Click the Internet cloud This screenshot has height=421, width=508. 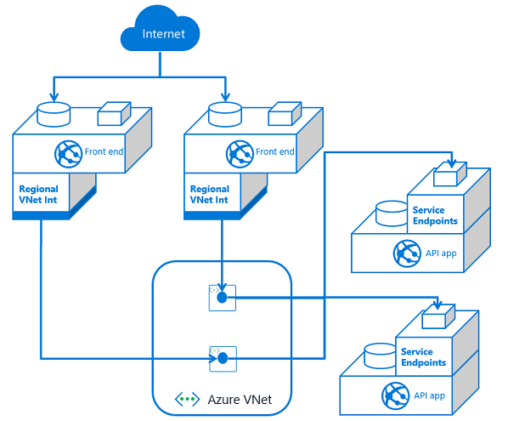(163, 35)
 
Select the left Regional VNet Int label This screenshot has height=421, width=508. (38, 195)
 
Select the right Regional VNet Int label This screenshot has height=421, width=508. (209, 195)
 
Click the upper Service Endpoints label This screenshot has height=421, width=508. (435, 215)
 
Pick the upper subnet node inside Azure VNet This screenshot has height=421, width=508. (221, 297)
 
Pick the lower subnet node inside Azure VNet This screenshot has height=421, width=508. (221, 358)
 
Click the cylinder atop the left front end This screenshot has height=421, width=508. (54, 112)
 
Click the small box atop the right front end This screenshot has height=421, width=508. (284, 112)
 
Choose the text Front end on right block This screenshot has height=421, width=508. (274, 152)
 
